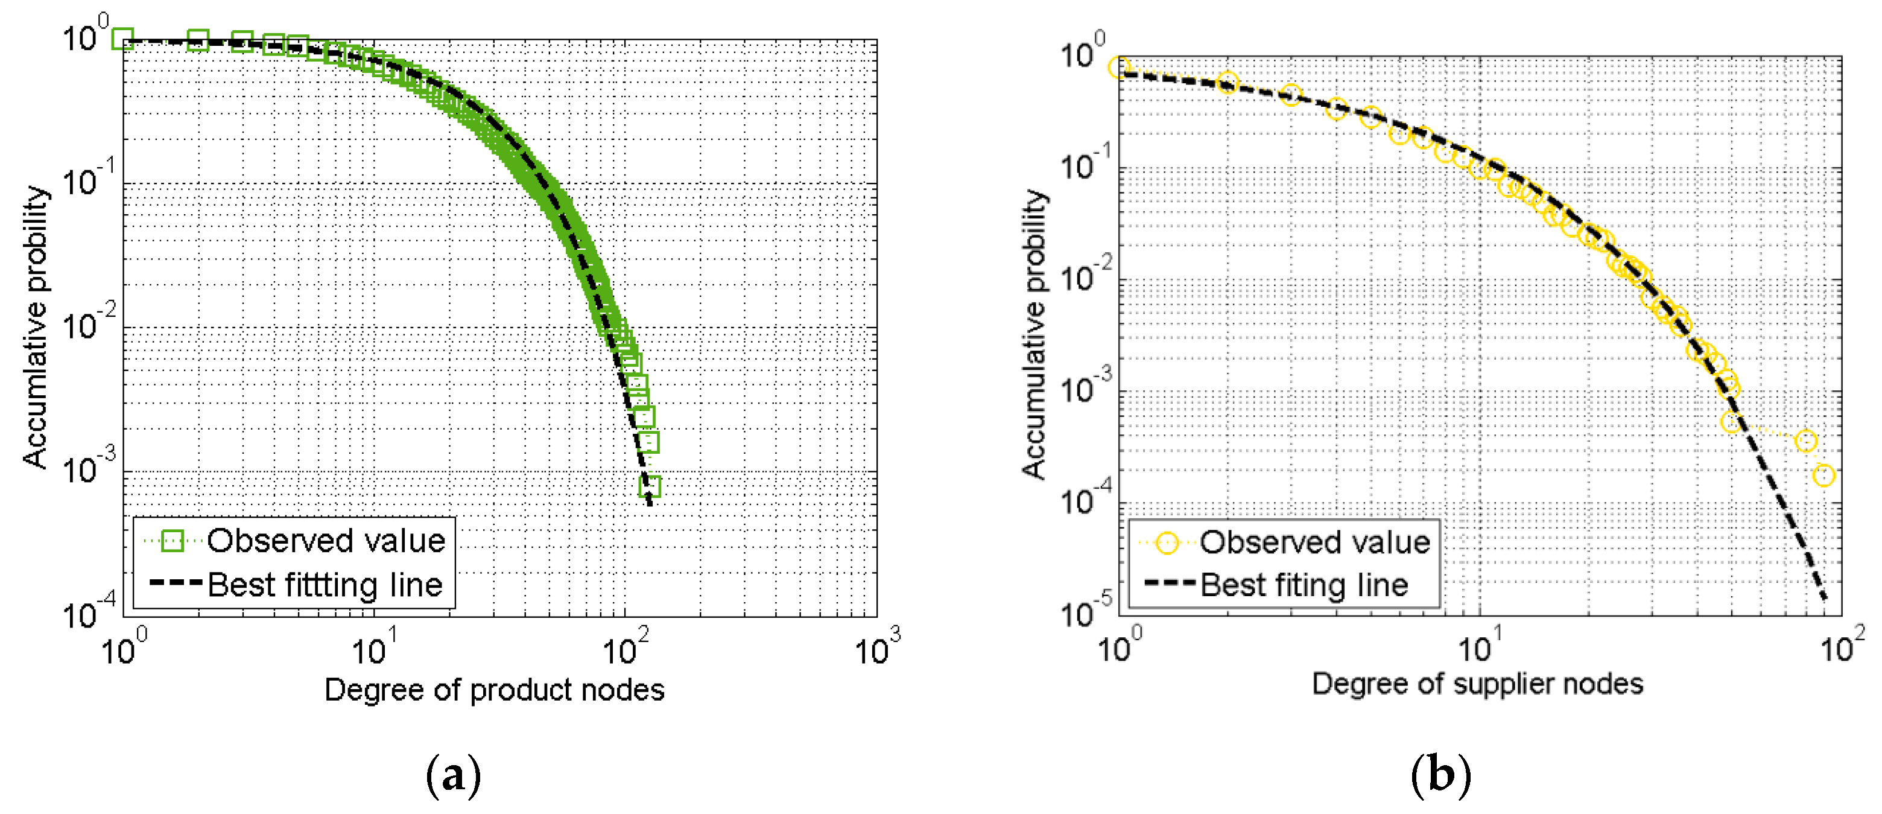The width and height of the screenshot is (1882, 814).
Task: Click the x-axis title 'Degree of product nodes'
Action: [494, 690]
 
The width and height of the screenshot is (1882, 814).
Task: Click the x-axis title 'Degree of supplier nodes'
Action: [1477, 684]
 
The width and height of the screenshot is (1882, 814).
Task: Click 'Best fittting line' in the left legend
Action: [325, 585]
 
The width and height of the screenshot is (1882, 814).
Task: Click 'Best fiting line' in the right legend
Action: [1304, 585]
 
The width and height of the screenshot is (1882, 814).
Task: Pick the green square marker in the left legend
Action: [173, 541]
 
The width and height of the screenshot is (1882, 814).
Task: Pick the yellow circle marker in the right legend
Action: [1167, 542]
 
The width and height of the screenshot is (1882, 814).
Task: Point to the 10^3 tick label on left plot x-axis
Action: [876, 647]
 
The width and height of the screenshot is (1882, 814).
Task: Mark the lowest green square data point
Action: [650, 486]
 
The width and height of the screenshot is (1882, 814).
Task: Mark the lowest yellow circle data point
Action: [1823, 475]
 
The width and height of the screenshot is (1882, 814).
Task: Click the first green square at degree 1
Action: [122, 39]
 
